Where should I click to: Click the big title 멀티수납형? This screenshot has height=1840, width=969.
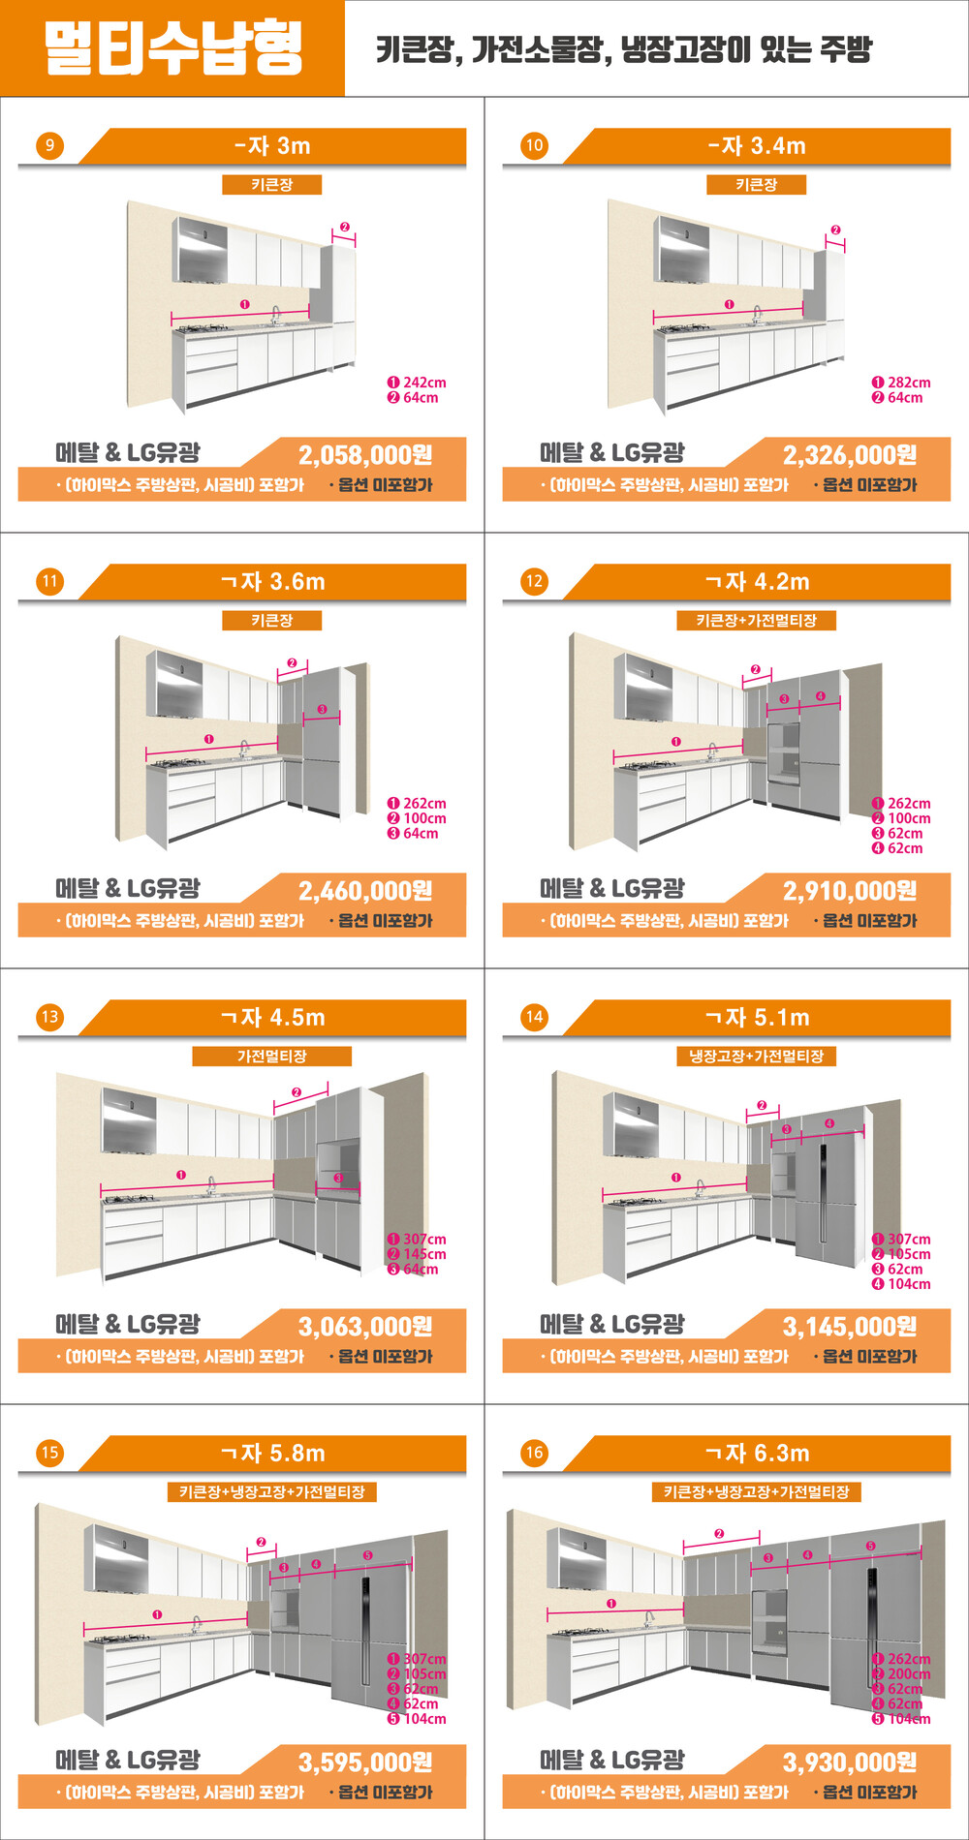pyautogui.click(x=172, y=48)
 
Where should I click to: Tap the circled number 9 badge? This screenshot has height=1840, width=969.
pyautogui.click(x=49, y=146)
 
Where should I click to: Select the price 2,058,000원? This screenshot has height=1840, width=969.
pyautogui.click(x=365, y=454)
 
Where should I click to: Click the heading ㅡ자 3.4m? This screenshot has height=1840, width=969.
pyautogui.click(x=757, y=146)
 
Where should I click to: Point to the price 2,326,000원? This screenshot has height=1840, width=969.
pyautogui.click(x=850, y=454)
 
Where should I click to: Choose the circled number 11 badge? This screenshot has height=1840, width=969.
pyautogui.click(x=49, y=582)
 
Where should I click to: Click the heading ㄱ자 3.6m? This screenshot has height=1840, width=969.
pyautogui.click(x=272, y=582)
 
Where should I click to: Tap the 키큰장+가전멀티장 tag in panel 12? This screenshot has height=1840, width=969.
pyautogui.click(x=757, y=620)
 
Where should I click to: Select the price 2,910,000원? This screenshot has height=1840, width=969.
pyautogui.click(x=850, y=890)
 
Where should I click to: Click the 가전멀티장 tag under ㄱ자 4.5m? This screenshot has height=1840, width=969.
pyautogui.click(x=272, y=1056)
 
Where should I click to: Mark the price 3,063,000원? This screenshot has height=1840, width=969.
pyautogui.click(x=365, y=1326)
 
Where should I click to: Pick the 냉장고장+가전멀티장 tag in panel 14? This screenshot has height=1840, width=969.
pyautogui.click(x=757, y=1056)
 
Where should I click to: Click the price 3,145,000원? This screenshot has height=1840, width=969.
pyautogui.click(x=850, y=1326)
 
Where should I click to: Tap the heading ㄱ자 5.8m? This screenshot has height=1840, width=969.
pyautogui.click(x=272, y=1454)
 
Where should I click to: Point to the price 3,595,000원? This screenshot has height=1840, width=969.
pyautogui.click(x=365, y=1762)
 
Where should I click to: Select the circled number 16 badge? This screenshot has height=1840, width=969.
pyautogui.click(x=534, y=1454)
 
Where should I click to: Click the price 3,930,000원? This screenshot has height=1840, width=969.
pyautogui.click(x=850, y=1762)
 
